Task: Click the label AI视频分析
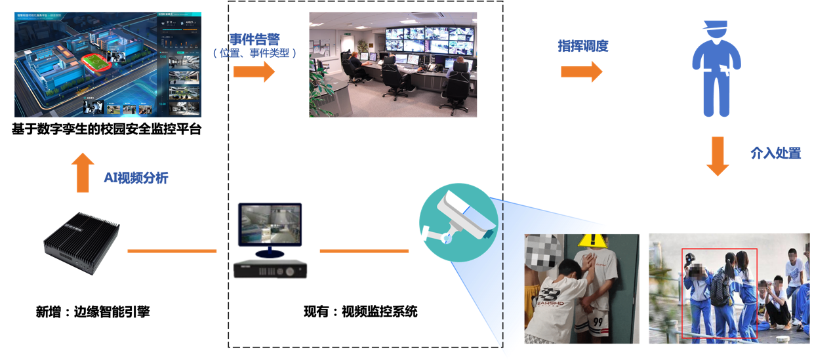(x=136, y=178)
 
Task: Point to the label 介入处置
(x=775, y=154)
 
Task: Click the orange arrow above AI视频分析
(x=83, y=172)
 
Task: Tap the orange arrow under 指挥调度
(x=581, y=71)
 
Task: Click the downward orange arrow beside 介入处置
(x=718, y=156)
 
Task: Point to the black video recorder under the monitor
(x=270, y=269)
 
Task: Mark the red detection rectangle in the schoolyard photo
(x=720, y=293)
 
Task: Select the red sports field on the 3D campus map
(x=96, y=63)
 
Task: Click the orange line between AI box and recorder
(x=172, y=250)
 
